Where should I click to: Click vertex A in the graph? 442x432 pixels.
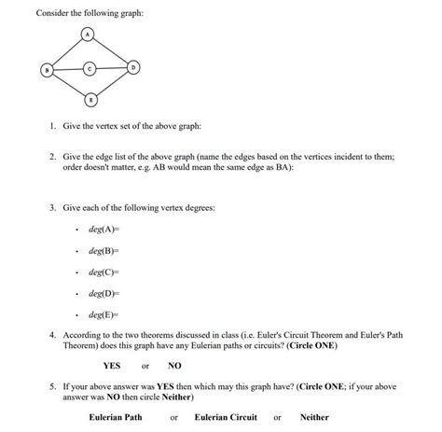click(89, 34)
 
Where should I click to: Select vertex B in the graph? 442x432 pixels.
click(44, 68)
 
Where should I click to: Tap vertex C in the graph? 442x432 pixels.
click(89, 68)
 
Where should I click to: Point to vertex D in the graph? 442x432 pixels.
click(133, 68)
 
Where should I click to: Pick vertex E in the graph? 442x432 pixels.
click(89, 98)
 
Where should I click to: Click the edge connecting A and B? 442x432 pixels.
click(66, 50)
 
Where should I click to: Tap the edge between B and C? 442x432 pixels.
click(66, 68)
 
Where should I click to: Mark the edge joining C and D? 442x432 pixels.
click(111, 68)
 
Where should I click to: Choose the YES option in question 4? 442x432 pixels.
click(112, 365)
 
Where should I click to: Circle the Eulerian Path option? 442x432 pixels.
click(116, 417)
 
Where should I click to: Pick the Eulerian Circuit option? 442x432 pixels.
click(226, 417)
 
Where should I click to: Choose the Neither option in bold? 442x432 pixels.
click(314, 417)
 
